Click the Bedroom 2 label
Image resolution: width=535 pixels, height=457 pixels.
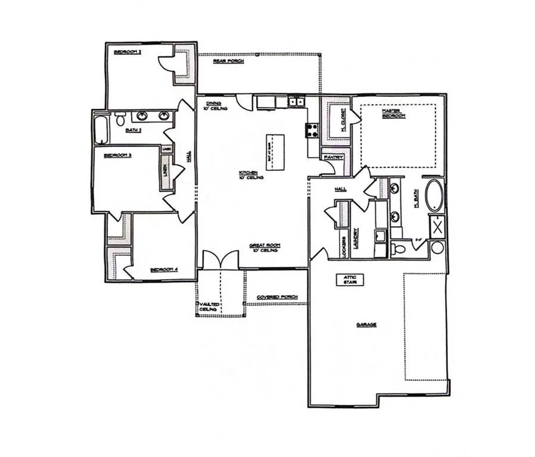(127, 52)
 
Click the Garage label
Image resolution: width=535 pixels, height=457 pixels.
(366, 325)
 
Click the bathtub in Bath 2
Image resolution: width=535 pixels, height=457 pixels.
(100, 129)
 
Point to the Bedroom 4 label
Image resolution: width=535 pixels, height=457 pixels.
(164, 270)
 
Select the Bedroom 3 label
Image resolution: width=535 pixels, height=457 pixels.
(117, 155)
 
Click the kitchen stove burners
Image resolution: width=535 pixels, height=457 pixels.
(312, 130)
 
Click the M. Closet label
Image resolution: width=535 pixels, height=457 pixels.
(336, 123)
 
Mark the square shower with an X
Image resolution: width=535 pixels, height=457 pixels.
(438, 227)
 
